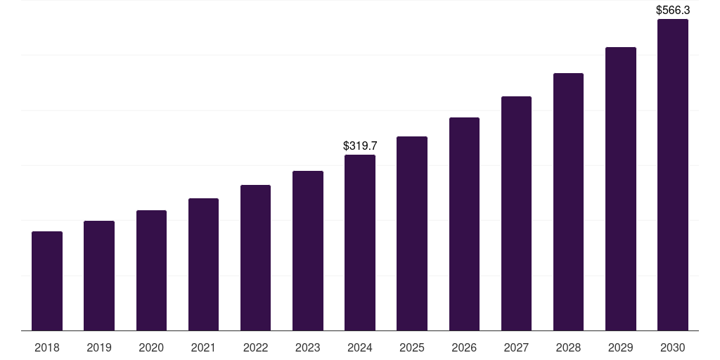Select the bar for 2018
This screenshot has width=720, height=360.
tap(47, 281)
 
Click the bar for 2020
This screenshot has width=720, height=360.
tap(151, 271)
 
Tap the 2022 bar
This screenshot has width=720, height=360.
tap(255, 258)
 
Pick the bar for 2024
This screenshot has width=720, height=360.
tap(360, 243)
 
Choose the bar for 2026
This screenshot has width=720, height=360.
tap(464, 224)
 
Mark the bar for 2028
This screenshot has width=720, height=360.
tap(568, 202)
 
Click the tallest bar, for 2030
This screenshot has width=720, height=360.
tap(673, 175)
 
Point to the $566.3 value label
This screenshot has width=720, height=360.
tap(673, 10)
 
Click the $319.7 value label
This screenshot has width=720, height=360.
tap(360, 146)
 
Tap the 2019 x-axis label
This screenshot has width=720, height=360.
tap(99, 347)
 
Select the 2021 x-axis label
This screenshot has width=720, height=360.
tap(203, 347)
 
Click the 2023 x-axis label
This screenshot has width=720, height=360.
tap(307, 347)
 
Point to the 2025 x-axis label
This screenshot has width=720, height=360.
tap(412, 347)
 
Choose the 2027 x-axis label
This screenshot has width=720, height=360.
tap(516, 347)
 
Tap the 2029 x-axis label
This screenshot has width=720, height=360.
tap(620, 347)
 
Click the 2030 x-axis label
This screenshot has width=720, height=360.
tap(673, 347)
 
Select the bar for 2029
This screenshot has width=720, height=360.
tap(620, 189)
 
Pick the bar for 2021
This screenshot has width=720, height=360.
tap(203, 264)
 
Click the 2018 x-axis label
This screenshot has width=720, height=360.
tap(47, 347)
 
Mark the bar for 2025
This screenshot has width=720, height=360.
tap(412, 233)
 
